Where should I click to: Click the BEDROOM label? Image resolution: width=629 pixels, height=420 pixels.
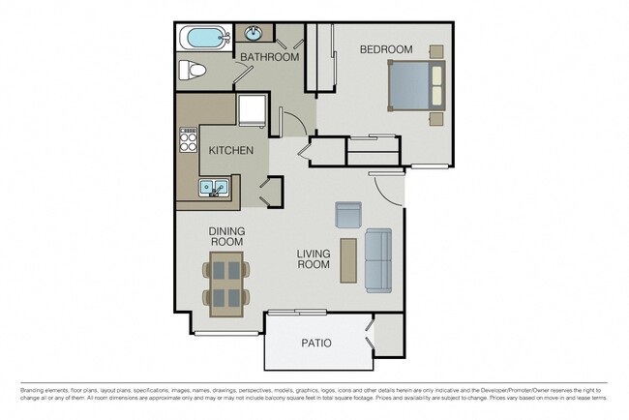(x=386, y=49)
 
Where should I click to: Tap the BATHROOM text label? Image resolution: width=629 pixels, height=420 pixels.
(x=270, y=57)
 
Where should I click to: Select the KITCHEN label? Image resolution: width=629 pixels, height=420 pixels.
(x=231, y=151)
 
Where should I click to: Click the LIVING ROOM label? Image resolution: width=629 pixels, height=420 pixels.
(x=314, y=258)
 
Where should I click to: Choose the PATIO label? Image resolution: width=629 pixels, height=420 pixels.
(x=315, y=343)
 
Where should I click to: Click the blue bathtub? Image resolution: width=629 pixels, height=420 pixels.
(x=204, y=39)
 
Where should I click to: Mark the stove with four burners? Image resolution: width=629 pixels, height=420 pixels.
(x=186, y=143)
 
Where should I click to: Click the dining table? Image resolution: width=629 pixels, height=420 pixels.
(x=226, y=282)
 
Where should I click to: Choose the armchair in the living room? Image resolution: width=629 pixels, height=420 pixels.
(x=347, y=215)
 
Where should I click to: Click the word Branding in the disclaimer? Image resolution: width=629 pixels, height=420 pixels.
(x=36, y=390)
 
